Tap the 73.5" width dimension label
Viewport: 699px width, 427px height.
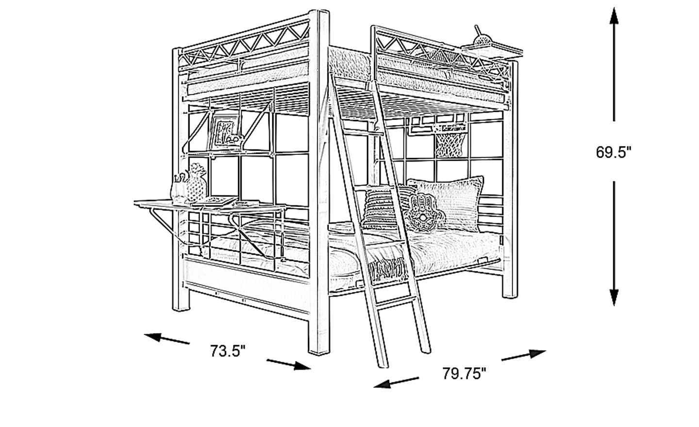[x=228, y=351]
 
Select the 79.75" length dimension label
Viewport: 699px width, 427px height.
[x=465, y=374]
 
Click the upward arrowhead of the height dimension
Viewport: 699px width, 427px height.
[x=614, y=16]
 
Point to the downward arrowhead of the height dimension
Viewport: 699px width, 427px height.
[x=614, y=297]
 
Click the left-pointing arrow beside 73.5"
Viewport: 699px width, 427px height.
[x=166, y=339]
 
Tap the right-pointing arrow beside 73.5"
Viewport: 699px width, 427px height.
[x=289, y=364]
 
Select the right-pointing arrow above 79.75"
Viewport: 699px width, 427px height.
[x=524, y=355]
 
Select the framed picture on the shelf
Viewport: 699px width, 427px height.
[x=225, y=131]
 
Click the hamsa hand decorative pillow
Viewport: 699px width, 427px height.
[x=423, y=213]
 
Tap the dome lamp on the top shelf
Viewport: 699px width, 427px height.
[x=483, y=40]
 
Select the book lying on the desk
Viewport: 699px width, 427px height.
[x=216, y=201]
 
